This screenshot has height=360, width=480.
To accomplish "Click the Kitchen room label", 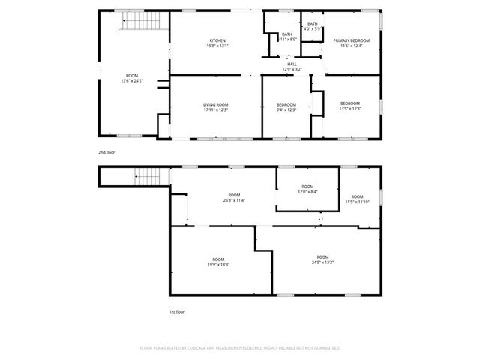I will [x=217, y=40].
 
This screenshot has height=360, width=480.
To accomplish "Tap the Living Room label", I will [x=215, y=104].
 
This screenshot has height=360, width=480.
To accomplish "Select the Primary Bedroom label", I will [x=352, y=40].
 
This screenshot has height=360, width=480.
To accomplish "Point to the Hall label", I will [x=292, y=64].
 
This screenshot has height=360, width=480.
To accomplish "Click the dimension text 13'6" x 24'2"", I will [x=132, y=80].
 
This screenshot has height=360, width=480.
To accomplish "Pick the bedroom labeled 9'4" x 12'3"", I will [x=286, y=106].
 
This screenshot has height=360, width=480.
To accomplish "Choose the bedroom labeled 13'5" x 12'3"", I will [x=350, y=106].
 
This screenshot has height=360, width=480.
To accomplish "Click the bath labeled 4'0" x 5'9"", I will [x=312, y=26].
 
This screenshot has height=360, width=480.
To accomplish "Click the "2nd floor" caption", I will [x=106, y=153].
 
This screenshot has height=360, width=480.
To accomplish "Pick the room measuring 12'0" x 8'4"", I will [x=307, y=189].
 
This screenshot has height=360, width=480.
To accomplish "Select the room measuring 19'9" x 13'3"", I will [x=217, y=262].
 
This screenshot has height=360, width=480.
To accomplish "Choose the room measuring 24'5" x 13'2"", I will [x=322, y=259].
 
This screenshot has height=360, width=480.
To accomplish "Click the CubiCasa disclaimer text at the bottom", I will [x=240, y=348].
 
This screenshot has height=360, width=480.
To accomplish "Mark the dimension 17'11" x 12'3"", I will [x=215, y=110].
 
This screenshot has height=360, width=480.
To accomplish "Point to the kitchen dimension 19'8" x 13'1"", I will [x=217, y=46].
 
